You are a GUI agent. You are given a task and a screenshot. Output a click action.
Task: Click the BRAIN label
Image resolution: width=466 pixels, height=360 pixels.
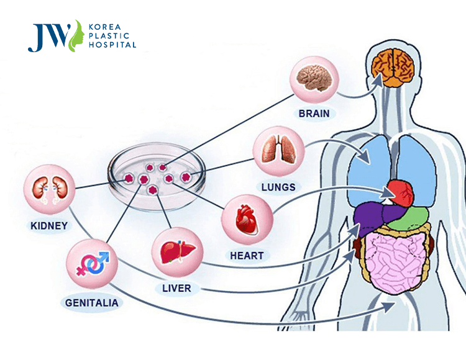314,114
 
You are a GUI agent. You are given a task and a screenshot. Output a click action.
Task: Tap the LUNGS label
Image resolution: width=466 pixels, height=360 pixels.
278,187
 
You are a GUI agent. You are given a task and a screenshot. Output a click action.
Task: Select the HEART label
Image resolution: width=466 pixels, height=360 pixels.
247,256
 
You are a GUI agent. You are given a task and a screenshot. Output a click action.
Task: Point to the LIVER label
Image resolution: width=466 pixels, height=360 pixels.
176,288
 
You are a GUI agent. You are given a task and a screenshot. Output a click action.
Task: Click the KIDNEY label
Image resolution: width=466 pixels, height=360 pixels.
49,226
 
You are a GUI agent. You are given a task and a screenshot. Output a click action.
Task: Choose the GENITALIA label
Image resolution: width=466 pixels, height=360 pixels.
92,303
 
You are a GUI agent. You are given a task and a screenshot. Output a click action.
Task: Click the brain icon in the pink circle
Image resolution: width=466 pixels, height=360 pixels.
314,78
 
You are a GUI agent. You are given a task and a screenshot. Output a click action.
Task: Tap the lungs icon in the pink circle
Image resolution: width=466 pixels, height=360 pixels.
278,150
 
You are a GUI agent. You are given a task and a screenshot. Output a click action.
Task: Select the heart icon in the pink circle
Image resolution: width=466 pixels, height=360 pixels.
247,219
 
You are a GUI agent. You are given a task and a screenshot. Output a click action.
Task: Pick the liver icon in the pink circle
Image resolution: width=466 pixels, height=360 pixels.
178,251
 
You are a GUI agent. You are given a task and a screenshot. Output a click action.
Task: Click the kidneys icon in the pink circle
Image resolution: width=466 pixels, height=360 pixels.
49,190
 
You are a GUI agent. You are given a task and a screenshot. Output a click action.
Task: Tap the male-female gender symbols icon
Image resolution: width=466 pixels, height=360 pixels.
93,264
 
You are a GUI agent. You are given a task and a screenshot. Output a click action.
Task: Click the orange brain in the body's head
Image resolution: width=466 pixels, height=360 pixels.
393,68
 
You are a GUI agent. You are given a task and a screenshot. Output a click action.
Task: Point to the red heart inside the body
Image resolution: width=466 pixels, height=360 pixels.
401,193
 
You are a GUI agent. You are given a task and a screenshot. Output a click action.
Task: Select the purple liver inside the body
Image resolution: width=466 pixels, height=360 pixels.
377,216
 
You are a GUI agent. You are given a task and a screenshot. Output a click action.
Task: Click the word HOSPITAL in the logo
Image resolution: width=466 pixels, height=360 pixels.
112,45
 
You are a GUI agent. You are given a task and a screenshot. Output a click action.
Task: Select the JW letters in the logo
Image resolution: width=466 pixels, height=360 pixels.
49,37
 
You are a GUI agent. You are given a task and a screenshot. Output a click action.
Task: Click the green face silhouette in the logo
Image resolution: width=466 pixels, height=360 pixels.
76,36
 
